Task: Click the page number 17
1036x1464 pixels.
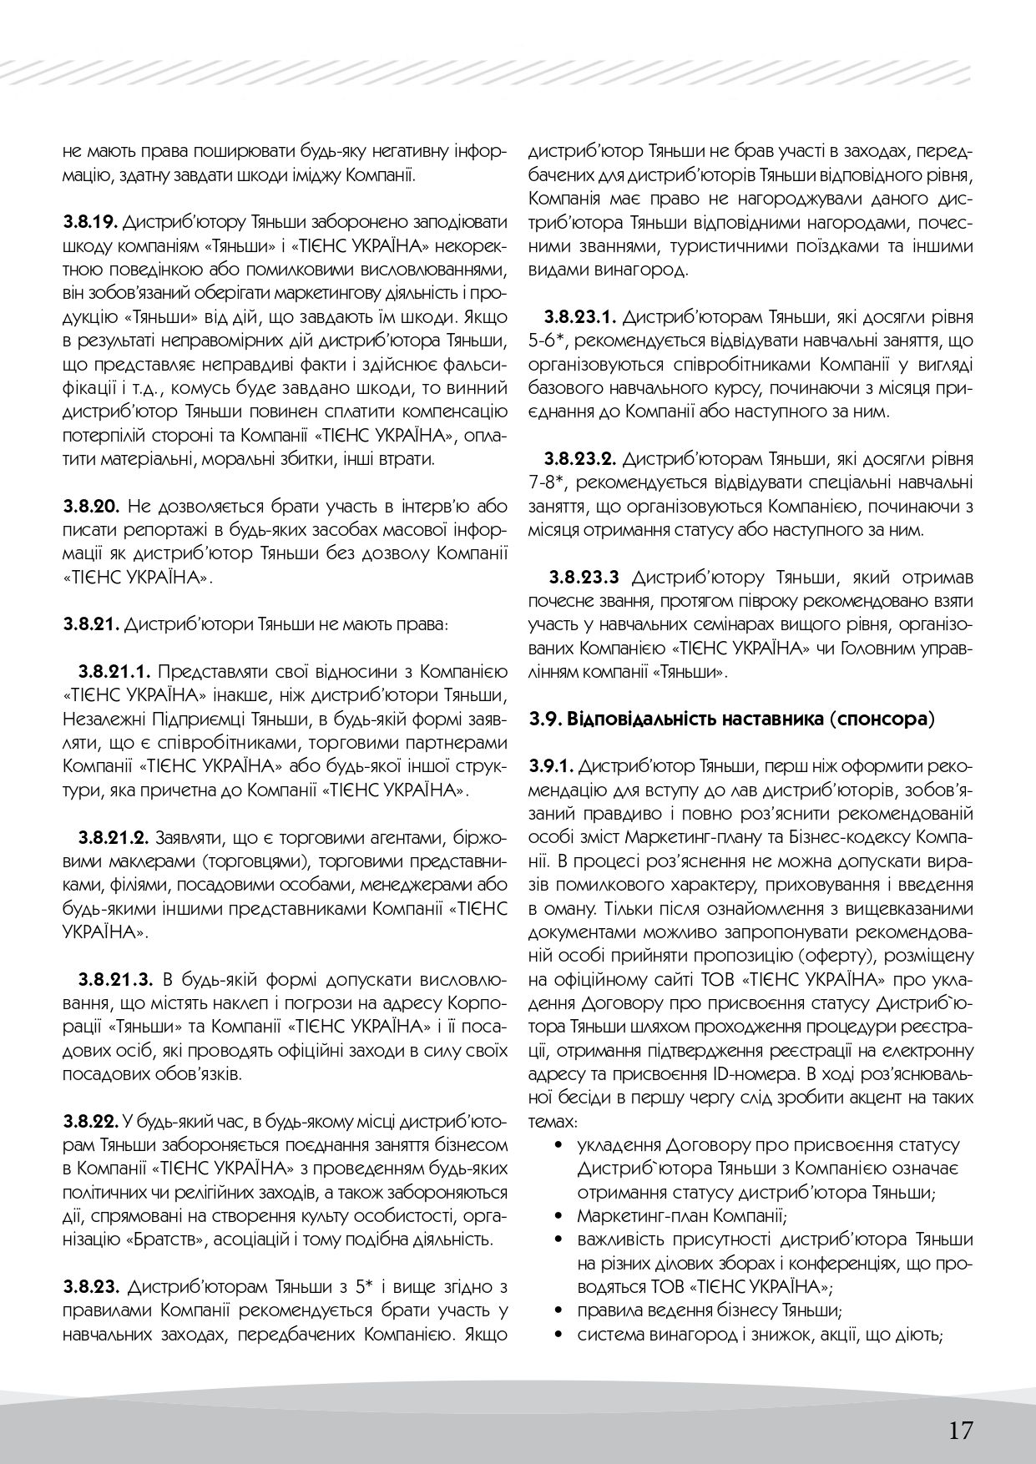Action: [960, 1406]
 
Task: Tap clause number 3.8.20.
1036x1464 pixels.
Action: [92, 506]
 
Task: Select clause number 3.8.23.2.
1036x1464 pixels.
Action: [579, 459]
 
